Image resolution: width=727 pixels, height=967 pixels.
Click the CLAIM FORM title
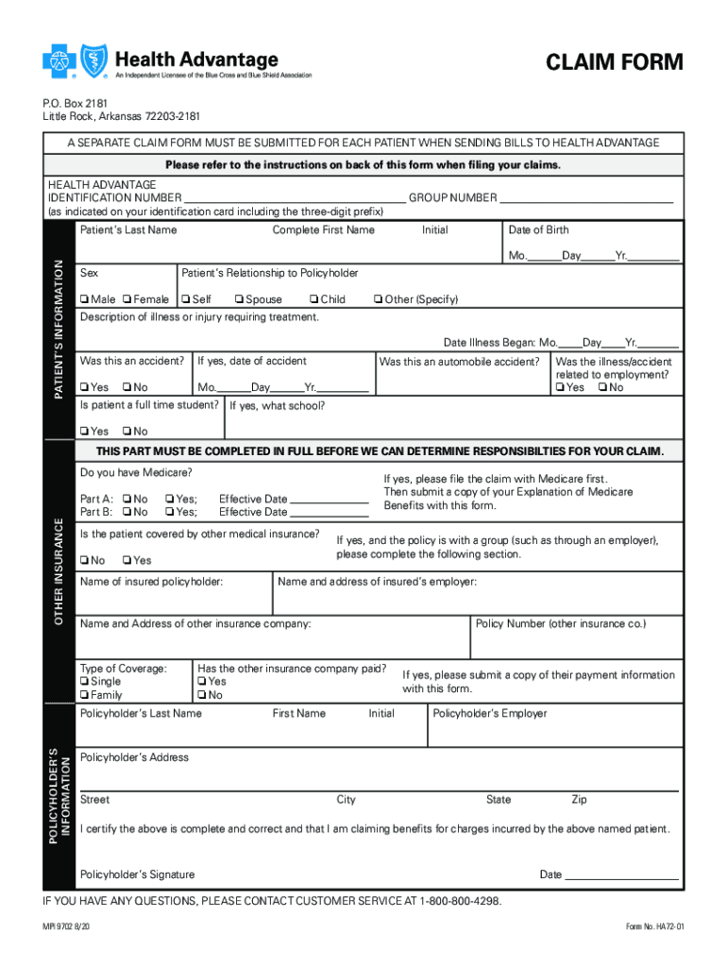coord(614,63)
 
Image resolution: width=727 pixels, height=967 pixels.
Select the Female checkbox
coord(127,300)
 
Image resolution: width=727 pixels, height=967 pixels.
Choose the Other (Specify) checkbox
coord(378,300)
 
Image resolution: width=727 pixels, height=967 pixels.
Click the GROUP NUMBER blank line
coord(585,198)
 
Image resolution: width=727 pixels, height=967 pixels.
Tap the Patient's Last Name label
coord(128,230)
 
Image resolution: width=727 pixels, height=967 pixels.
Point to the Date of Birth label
coord(538,230)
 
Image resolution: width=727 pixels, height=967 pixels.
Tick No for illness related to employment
coord(603,387)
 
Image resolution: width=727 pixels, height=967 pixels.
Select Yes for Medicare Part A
coord(169,500)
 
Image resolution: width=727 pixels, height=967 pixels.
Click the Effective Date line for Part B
coord(330,513)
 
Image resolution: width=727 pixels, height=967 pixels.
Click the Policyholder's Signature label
coord(138,874)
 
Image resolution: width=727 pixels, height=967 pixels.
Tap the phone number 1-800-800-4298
coord(459,902)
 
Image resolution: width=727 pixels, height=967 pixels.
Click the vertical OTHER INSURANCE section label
coord(59,571)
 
